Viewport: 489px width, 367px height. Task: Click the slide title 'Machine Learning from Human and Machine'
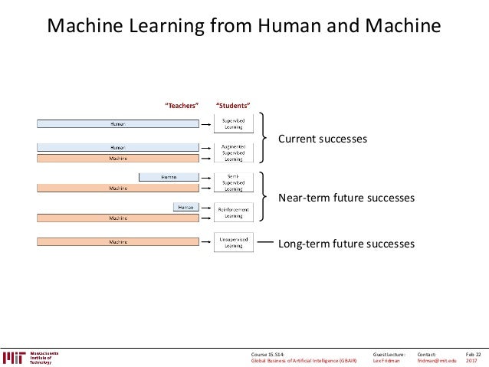pyautogui.click(x=244, y=27)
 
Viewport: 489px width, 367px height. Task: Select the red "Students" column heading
pyautogui.click(x=233, y=105)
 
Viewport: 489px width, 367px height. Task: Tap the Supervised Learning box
pyautogui.click(x=233, y=123)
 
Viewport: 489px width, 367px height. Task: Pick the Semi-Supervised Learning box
pyautogui.click(x=233, y=182)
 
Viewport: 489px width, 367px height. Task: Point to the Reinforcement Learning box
pyautogui.click(x=233, y=211)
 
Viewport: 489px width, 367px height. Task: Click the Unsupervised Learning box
pyautogui.click(x=233, y=242)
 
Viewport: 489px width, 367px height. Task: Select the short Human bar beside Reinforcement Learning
pyautogui.click(x=186, y=207)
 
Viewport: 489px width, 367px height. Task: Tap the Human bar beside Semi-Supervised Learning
pyautogui.click(x=169, y=177)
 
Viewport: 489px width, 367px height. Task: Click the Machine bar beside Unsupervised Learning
pyautogui.click(x=118, y=243)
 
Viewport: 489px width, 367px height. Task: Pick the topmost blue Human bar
pyautogui.click(x=118, y=123)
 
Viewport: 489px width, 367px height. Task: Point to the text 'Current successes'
pyautogui.click(x=322, y=139)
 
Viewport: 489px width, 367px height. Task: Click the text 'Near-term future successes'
pyautogui.click(x=346, y=198)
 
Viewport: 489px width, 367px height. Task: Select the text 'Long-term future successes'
pyautogui.click(x=346, y=244)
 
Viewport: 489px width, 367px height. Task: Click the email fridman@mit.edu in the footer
pyautogui.click(x=436, y=361)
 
